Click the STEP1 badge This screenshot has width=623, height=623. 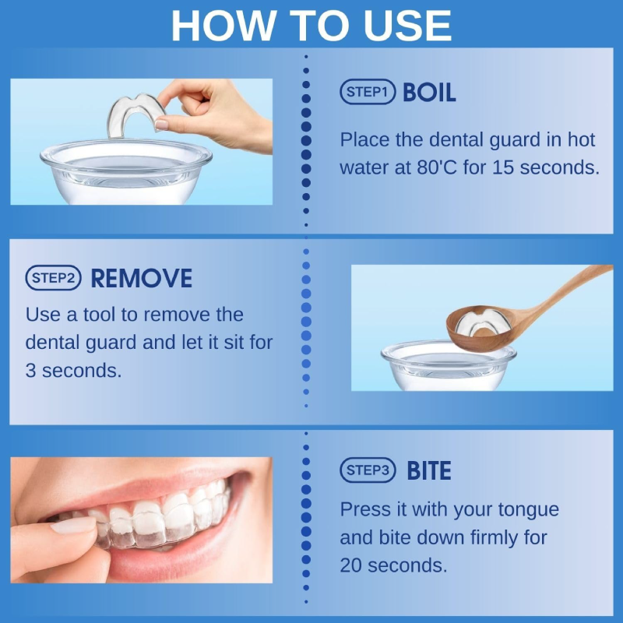click(x=368, y=92)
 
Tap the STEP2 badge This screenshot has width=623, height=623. click(x=53, y=278)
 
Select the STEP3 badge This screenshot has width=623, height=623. click(x=368, y=470)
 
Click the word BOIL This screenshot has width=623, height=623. click(x=429, y=92)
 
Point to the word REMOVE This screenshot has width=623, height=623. click(x=142, y=278)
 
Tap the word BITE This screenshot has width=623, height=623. click(x=429, y=470)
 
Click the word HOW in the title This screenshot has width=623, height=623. click(x=224, y=26)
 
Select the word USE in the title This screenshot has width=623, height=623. click(x=407, y=26)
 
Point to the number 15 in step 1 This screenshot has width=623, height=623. click(x=503, y=167)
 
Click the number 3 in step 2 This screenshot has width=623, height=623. click(x=30, y=371)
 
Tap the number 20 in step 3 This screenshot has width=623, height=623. click(x=351, y=565)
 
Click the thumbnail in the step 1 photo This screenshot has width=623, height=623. click(x=162, y=125)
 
